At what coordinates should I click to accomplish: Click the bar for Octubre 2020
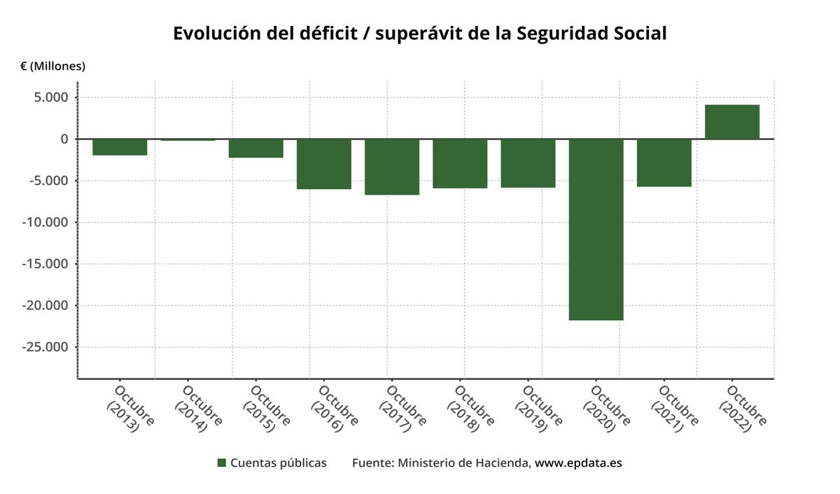tap(596, 229)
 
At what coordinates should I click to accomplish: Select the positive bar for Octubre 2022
tap(731, 122)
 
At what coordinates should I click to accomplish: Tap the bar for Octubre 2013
tap(120, 146)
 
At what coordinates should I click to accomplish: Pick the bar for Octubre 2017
tap(392, 167)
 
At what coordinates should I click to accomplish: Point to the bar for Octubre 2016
tap(324, 164)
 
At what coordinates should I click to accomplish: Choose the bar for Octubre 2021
tap(664, 163)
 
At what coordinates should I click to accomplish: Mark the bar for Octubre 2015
tap(255, 149)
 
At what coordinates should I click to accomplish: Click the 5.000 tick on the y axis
tap(52, 97)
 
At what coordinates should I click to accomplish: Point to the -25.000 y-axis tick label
tap(47, 348)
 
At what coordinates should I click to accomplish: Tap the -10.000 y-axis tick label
tap(47, 223)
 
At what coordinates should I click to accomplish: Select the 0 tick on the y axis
tap(64, 139)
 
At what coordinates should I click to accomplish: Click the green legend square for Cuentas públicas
tap(222, 463)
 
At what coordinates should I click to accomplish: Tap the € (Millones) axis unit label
tap(52, 67)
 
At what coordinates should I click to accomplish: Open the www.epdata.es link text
tap(578, 463)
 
